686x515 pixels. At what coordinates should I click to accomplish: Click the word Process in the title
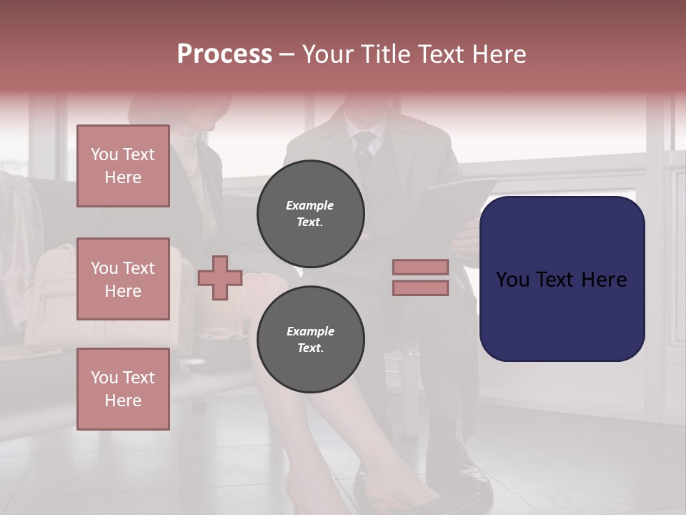point(224,54)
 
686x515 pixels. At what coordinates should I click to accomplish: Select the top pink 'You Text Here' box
point(123,166)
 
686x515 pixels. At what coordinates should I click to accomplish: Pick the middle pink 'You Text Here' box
point(123,279)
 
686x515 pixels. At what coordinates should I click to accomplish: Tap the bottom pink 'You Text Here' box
point(123,388)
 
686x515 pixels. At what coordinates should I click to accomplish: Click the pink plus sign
point(220,277)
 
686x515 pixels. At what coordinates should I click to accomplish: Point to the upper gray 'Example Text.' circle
point(310,214)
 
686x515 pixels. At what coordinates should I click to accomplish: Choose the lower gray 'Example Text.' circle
point(310,340)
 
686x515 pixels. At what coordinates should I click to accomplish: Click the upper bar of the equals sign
point(421,267)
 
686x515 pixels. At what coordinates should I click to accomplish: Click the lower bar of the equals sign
point(421,288)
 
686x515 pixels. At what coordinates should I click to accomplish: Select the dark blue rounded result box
point(562,278)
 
